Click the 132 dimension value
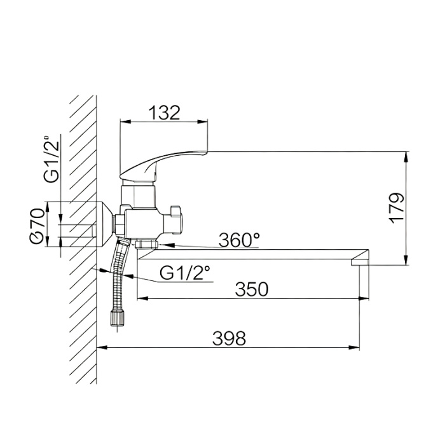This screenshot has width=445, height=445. pyautogui.click(x=164, y=113)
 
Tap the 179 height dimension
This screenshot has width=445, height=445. pyautogui.click(x=397, y=209)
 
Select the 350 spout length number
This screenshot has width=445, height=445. pyautogui.click(x=252, y=289)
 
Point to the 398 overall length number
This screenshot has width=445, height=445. pyautogui.click(x=229, y=338)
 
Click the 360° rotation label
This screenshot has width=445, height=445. pyautogui.click(x=239, y=240)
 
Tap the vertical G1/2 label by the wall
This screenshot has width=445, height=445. pyautogui.click(x=51, y=158)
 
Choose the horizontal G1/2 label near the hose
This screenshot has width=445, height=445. pyautogui.click(x=185, y=273)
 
